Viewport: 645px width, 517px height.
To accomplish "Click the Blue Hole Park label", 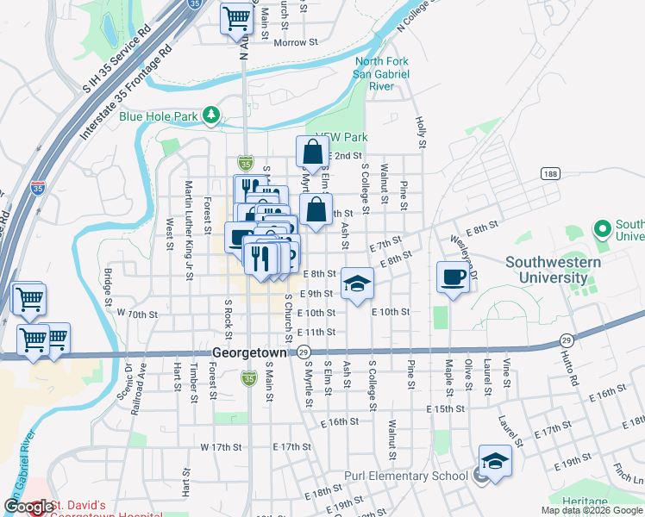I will pos(159,115).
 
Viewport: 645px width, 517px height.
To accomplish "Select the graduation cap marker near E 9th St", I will pos(357,283).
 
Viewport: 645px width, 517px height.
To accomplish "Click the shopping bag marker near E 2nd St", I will pos(312,153).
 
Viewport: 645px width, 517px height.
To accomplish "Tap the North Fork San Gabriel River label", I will pos(381,73).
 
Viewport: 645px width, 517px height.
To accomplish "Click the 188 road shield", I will pos(550,174).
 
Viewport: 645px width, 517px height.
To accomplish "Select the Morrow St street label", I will pos(296,41).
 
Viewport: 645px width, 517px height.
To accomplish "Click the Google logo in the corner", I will pos(29,508).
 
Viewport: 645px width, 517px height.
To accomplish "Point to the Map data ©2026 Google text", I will pos(592,510).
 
